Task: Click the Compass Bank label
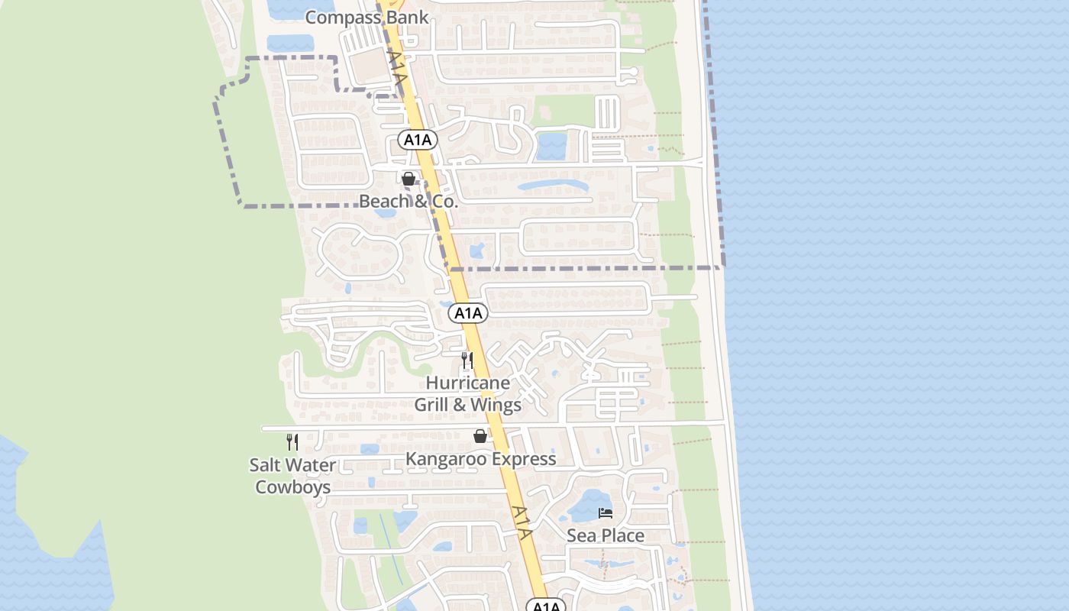tap(367, 17)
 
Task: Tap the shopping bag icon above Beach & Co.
tap(409, 179)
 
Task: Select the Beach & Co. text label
tap(409, 202)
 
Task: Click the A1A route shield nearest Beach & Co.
tap(418, 140)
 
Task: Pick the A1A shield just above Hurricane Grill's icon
tap(468, 312)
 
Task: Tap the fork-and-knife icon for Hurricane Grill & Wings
tap(467, 360)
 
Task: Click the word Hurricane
tap(467, 383)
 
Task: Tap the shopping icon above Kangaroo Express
tap(480, 436)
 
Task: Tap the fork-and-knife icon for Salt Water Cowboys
tap(292, 441)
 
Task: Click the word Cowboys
tap(292, 487)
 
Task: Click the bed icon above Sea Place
tap(606, 512)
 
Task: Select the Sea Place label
tap(606, 535)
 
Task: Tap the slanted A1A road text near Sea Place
tap(522, 522)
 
